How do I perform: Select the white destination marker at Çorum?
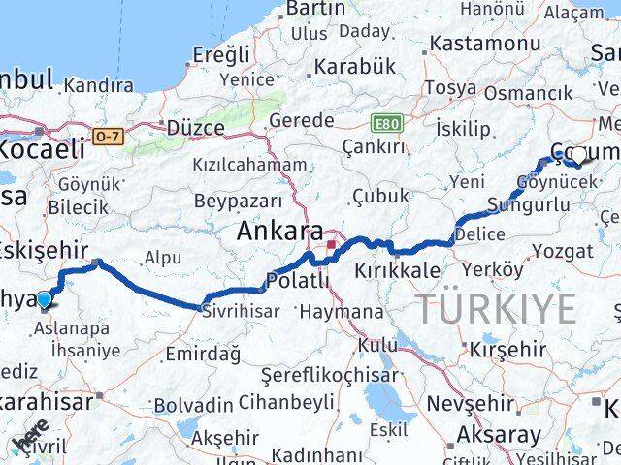[578, 154]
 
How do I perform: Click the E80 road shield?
[386, 123]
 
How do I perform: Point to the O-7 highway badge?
[109, 138]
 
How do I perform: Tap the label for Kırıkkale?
[397, 270]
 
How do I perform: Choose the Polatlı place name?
[297, 281]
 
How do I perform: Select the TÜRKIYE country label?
[496, 308]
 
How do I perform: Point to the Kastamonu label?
[484, 44]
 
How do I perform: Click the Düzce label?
[195, 128]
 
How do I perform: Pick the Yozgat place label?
[563, 251]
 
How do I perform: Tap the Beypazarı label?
[238, 201]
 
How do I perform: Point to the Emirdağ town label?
[203, 354]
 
